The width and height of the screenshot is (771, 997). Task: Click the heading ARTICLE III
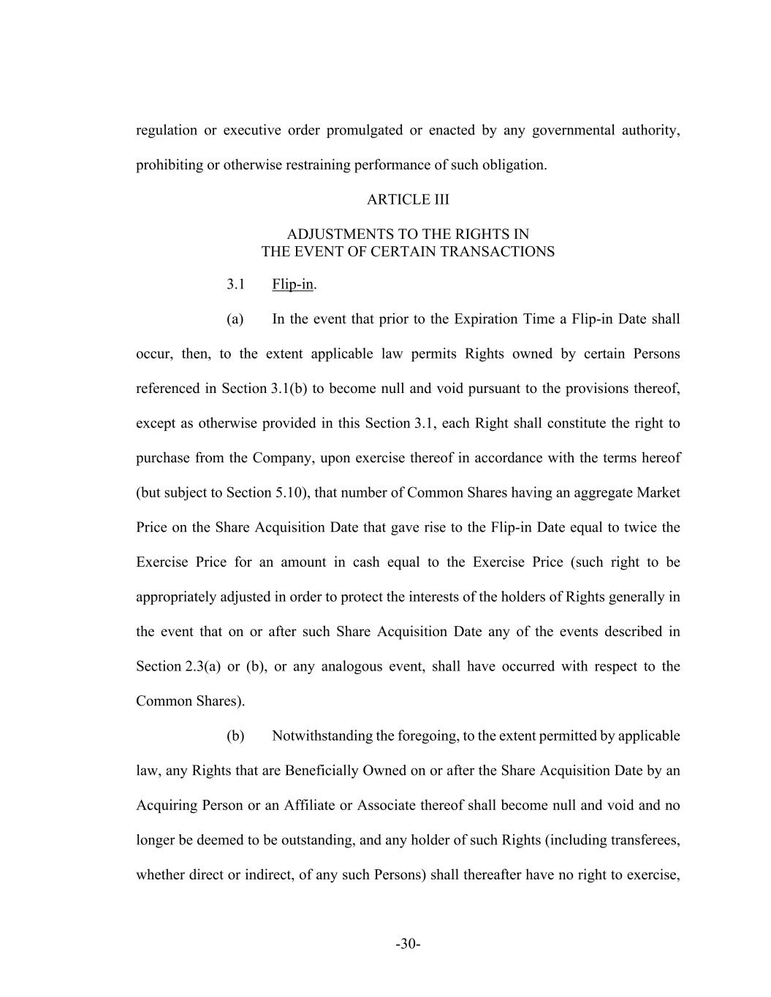pyautogui.click(x=408, y=199)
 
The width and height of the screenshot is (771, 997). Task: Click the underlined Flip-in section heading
pyautogui.click(x=292, y=284)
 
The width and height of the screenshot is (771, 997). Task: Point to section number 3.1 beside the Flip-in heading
pyautogui.click(x=235, y=284)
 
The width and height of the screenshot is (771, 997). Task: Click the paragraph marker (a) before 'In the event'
pyautogui.click(x=235, y=319)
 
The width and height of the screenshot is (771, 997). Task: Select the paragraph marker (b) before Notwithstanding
pyautogui.click(x=235, y=736)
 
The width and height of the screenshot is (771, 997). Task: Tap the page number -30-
pyautogui.click(x=408, y=944)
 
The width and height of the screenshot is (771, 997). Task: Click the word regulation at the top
pyautogui.click(x=167, y=131)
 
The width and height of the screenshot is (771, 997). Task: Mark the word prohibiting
pyautogui.click(x=168, y=165)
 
